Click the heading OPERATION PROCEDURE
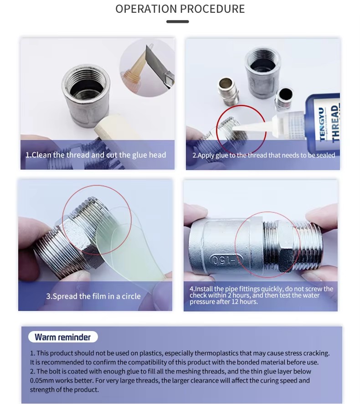point(180,9)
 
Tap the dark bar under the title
point(178,21)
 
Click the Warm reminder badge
point(63,337)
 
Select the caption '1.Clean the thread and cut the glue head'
point(96,155)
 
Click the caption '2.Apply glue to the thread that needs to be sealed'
point(263,155)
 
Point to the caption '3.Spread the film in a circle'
point(93,296)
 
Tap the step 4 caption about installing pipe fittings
point(261,295)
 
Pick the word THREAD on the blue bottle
point(334,123)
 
